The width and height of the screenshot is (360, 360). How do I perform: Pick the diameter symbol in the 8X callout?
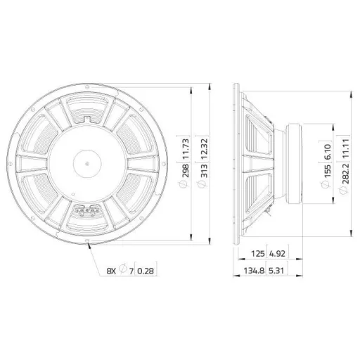pyautogui.click(x=124, y=269)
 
